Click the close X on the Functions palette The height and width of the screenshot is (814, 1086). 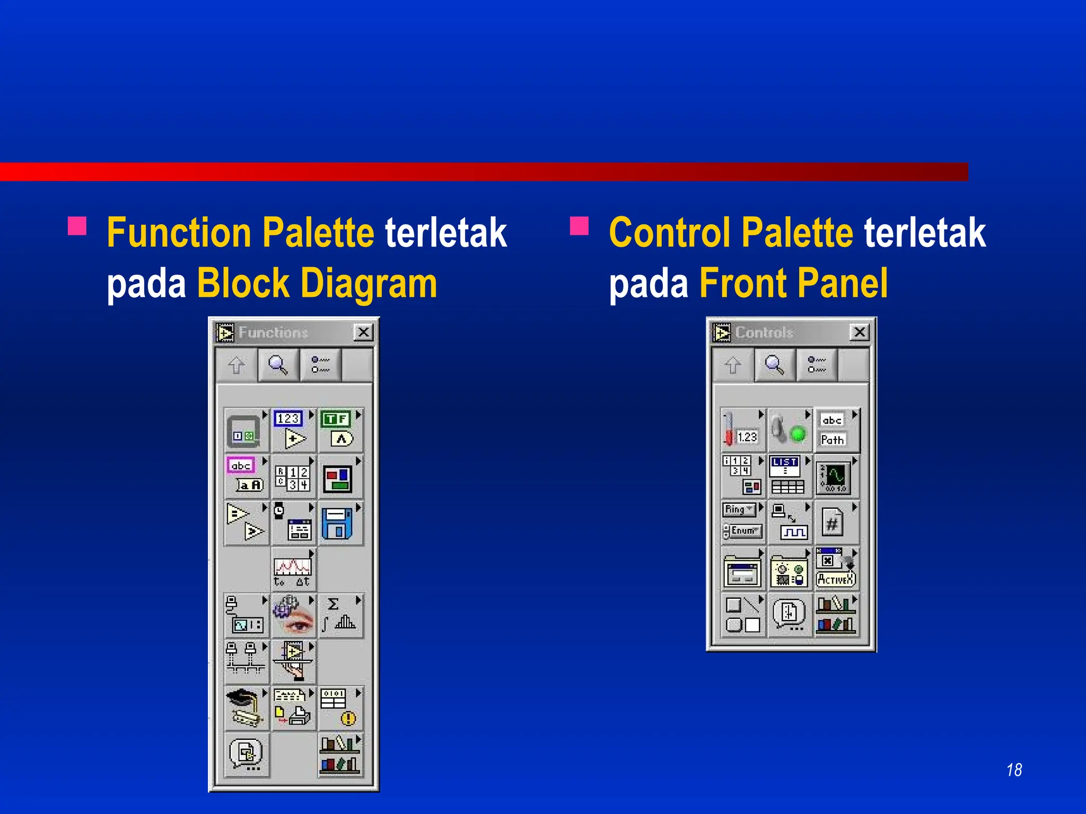[x=363, y=332]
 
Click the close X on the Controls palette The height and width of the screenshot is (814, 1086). [x=860, y=332]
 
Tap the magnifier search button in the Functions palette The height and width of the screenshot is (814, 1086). [x=278, y=365]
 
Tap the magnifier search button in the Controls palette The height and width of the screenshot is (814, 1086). [x=774, y=365]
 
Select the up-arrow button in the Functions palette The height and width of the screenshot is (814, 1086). [x=237, y=365]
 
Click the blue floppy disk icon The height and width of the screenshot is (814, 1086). [x=338, y=523]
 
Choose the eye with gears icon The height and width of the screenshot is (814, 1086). [x=293, y=615]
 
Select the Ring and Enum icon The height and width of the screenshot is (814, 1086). [x=742, y=521]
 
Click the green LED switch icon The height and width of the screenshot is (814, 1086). [x=789, y=430]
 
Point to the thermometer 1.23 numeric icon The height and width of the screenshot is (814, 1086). [x=742, y=430]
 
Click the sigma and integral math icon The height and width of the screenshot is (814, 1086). [x=340, y=615]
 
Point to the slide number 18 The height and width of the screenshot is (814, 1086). [x=1014, y=770]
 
